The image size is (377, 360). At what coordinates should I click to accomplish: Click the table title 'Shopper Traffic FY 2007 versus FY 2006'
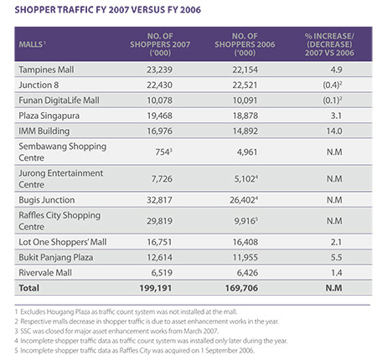pos(108,10)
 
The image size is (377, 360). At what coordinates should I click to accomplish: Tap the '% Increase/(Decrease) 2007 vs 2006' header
pos(329,44)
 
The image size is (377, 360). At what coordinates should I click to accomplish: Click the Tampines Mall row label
pos(46,69)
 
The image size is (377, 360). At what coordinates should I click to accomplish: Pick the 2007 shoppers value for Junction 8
pos(159,85)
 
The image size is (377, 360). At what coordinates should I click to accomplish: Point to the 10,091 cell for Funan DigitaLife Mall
pos(245,100)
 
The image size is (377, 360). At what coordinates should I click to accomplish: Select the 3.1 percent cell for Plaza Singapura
pos(336,116)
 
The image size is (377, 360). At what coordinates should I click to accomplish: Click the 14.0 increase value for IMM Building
pos(334,131)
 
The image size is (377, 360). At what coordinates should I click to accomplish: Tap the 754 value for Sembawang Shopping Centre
pos(163,152)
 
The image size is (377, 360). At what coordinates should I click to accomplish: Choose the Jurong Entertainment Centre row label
pos(61,178)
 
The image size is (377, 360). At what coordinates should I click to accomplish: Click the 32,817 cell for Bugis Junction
pos(159,200)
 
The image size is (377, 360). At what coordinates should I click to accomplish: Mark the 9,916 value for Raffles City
pos(245,221)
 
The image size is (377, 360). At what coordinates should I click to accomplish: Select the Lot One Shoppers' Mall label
pos(63,242)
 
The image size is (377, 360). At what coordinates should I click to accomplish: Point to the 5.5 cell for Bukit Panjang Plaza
pos(337,257)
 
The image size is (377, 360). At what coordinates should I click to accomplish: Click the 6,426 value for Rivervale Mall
pos(247,273)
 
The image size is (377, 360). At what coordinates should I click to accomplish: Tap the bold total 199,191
pos(156,288)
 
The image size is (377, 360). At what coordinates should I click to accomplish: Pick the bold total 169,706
pos(241,288)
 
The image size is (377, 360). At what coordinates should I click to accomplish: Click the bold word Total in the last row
pos(28,288)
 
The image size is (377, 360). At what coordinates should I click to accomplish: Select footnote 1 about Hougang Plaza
pos(126,311)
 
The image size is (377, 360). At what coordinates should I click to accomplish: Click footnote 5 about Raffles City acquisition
pos(135,351)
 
